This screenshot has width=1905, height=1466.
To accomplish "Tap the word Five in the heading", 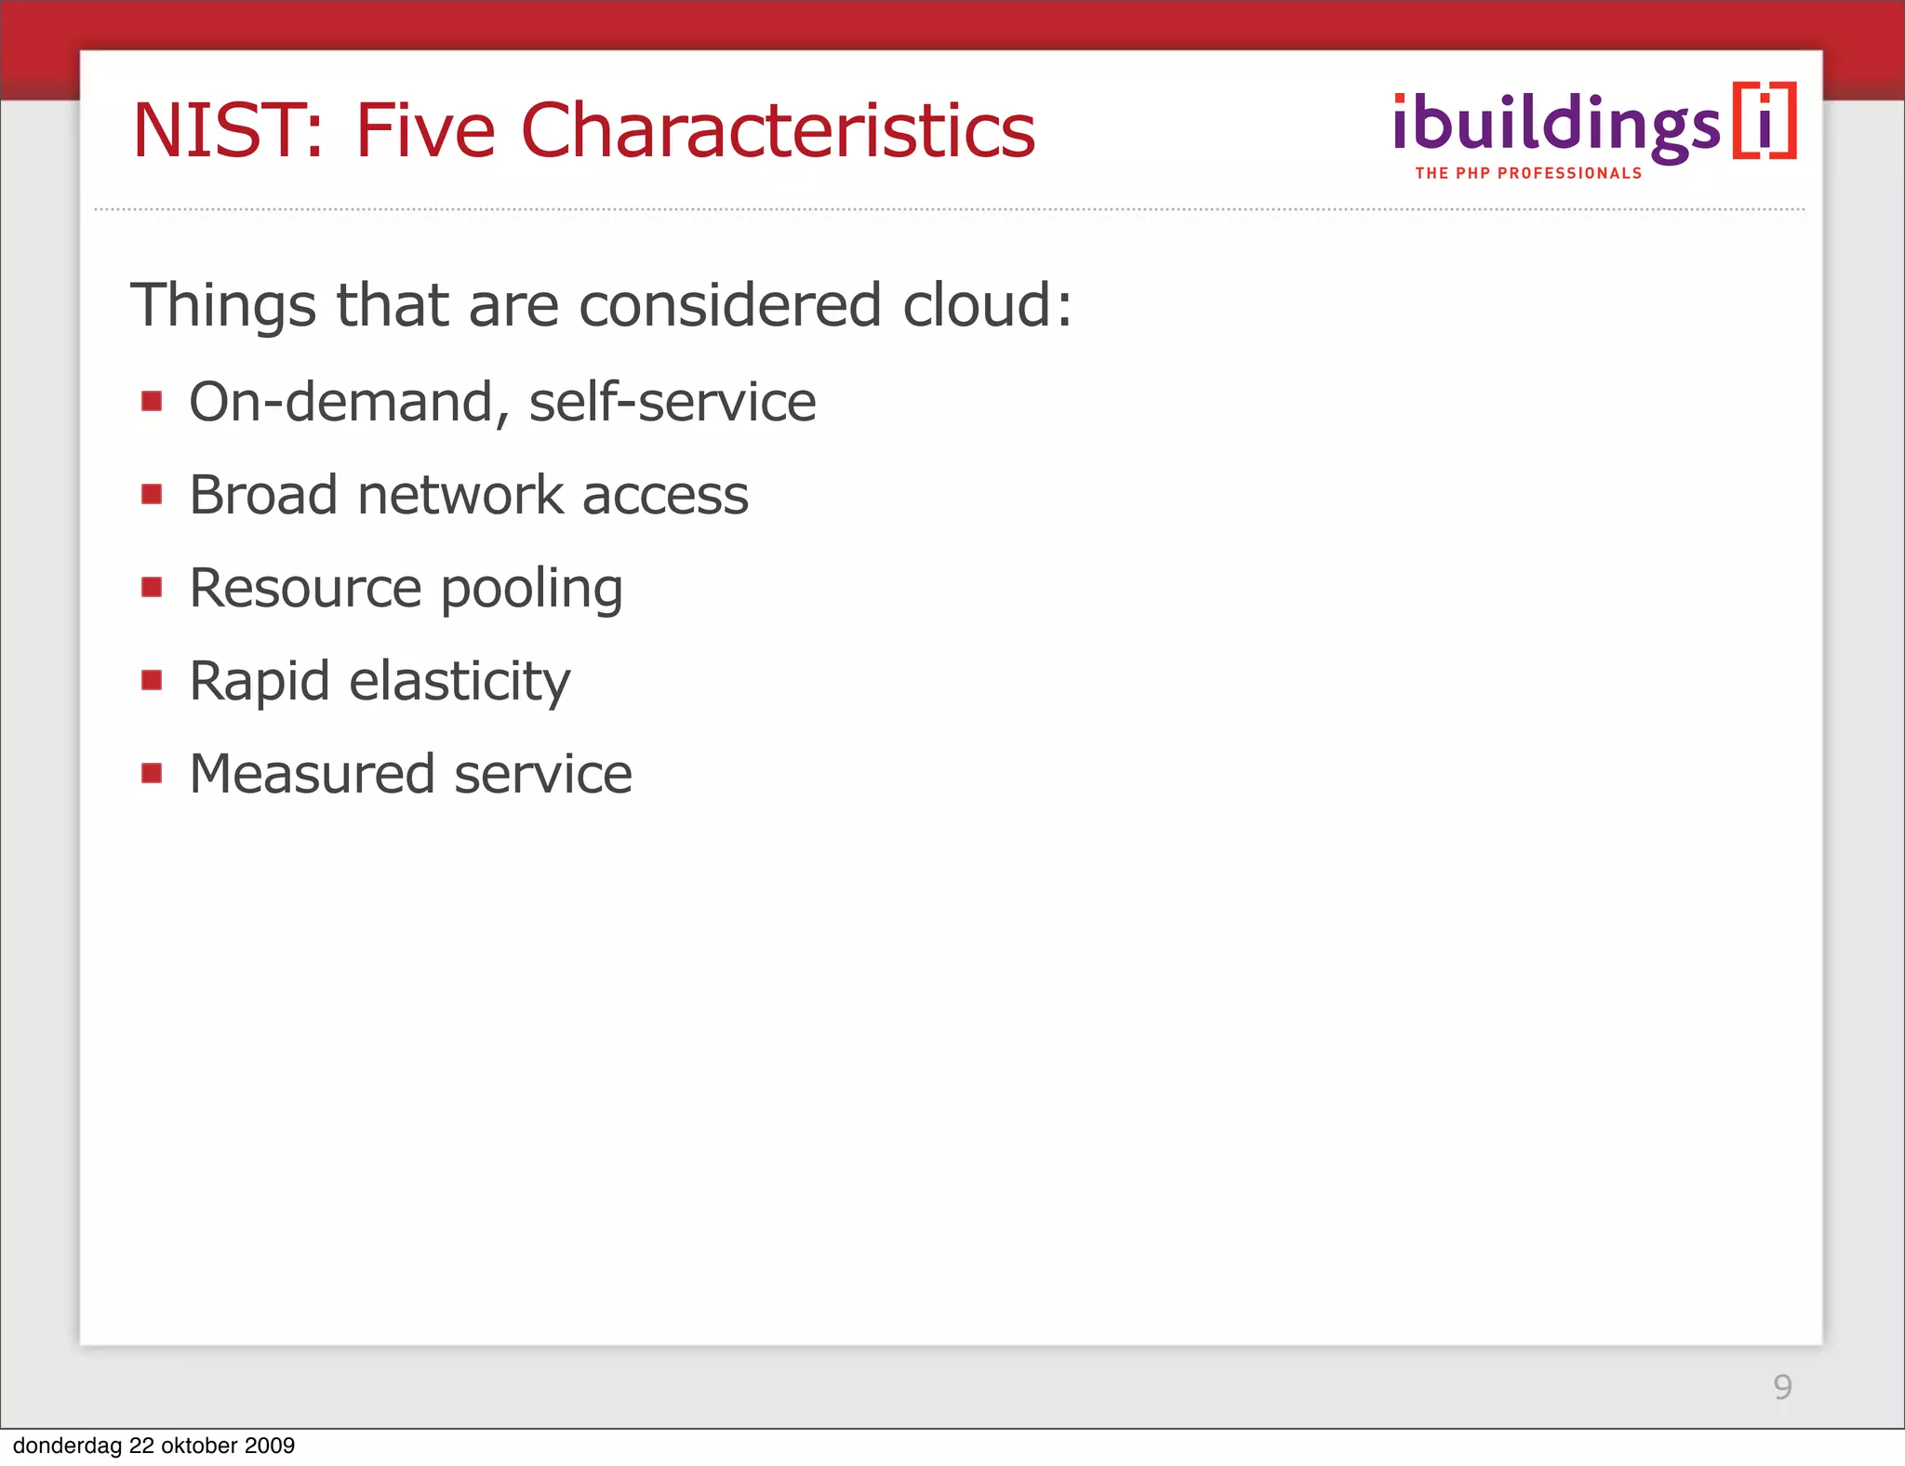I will [x=425, y=131].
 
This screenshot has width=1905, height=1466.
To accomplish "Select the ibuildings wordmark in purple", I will [x=1556, y=126].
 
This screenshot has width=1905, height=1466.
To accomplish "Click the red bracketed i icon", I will [x=1764, y=122].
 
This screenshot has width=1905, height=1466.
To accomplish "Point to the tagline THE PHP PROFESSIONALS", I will [x=1528, y=174].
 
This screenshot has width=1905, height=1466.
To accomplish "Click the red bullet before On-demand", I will [x=152, y=401].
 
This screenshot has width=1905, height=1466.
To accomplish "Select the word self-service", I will [x=672, y=402].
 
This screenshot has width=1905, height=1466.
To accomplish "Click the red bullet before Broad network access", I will [x=152, y=494].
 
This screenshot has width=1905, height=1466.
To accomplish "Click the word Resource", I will [x=305, y=588].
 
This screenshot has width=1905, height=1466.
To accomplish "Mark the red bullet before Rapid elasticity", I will [x=152, y=680].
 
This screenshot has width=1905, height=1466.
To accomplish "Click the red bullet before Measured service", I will [x=152, y=773].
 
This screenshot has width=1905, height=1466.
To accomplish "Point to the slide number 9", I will [x=1782, y=1387].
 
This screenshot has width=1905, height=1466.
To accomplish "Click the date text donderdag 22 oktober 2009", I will [x=153, y=1446].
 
